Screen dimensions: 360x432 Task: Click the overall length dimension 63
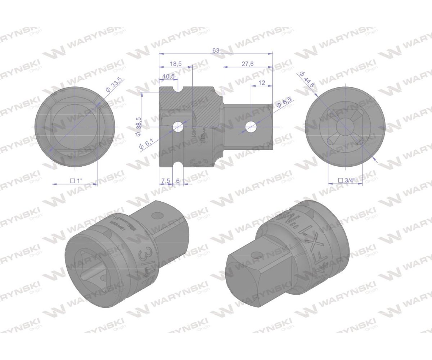(x=216, y=50)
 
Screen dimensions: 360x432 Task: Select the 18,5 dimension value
(x=175, y=64)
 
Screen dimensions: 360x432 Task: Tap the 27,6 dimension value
(x=247, y=64)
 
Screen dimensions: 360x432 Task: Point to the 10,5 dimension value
(x=168, y=77)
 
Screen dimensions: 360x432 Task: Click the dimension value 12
(x=262, y=83)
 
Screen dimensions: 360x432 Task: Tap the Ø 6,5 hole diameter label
(x=285, y=103)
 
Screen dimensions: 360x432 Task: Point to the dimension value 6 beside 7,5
(x=177, y=180)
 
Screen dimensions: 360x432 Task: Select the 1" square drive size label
(x=75, y=180)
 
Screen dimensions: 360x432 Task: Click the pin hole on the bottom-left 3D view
(x=157, y=215)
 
